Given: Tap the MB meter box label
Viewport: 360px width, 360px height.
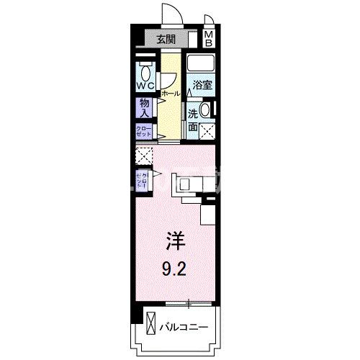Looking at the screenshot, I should pyautogui.click(x=208, y=39).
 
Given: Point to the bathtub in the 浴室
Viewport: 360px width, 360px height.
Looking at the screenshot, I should pyautogui.click(x=204, y=64).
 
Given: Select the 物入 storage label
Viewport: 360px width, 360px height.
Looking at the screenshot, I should pyautogui.click(x=144, y=108).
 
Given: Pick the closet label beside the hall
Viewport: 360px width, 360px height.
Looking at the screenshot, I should pyautogui.click(x=143, y=131).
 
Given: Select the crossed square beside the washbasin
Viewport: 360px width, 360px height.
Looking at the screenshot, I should pyautogui.click(x=208, y=131).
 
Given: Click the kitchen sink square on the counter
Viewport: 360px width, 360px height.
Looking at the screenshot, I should pyautogui.click(x=184, y=185).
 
